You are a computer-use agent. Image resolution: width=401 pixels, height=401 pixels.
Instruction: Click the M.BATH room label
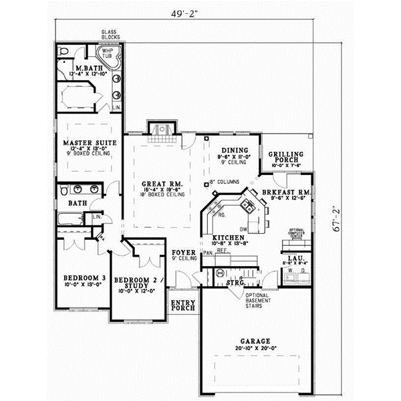pyautogui.click(x=87, y=69)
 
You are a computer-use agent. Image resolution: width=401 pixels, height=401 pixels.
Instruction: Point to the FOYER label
pyautogui.click(x=182, y=253)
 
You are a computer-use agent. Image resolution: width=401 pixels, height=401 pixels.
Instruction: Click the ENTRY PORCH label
pyautogui.click(x=183, y=305)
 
